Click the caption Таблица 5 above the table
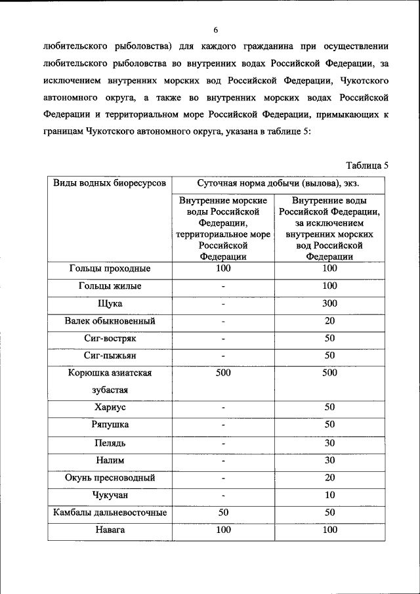367,165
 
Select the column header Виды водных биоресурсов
110,182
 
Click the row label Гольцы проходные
110,268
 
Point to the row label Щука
110,304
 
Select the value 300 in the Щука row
329,303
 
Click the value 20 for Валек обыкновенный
329,321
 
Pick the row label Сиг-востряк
110,339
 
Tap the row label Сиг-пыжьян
110,356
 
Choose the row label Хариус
110,408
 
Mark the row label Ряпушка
110,425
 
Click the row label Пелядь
110,443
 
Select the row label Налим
110,461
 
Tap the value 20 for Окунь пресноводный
329,477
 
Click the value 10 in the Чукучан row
329,495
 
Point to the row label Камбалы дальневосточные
110,513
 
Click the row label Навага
110,530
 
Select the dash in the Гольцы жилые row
223,286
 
